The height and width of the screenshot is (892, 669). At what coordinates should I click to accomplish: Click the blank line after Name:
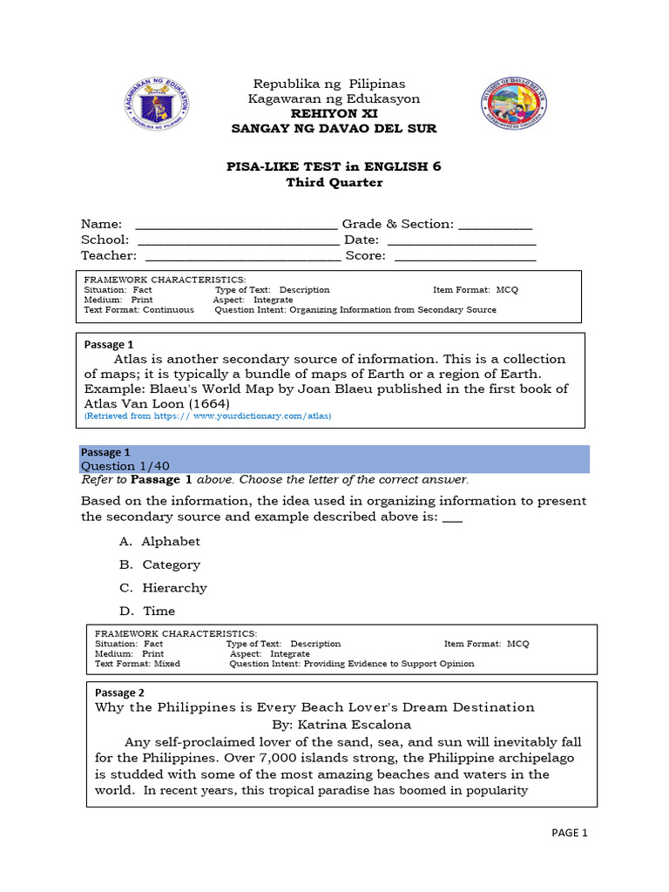point(236,225)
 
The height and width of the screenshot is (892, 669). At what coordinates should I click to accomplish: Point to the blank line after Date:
point(461,240)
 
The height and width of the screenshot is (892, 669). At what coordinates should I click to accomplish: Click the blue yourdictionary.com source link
point(207,416)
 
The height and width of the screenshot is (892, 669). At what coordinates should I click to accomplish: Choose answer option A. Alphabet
point(160,541)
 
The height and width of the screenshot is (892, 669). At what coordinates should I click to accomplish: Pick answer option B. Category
point(160,564)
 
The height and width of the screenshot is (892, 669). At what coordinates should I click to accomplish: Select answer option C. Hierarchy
point(164,587)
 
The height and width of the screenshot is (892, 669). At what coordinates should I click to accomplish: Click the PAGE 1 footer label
point(571,833)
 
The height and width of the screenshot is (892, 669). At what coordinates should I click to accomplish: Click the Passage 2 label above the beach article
point(114,693)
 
